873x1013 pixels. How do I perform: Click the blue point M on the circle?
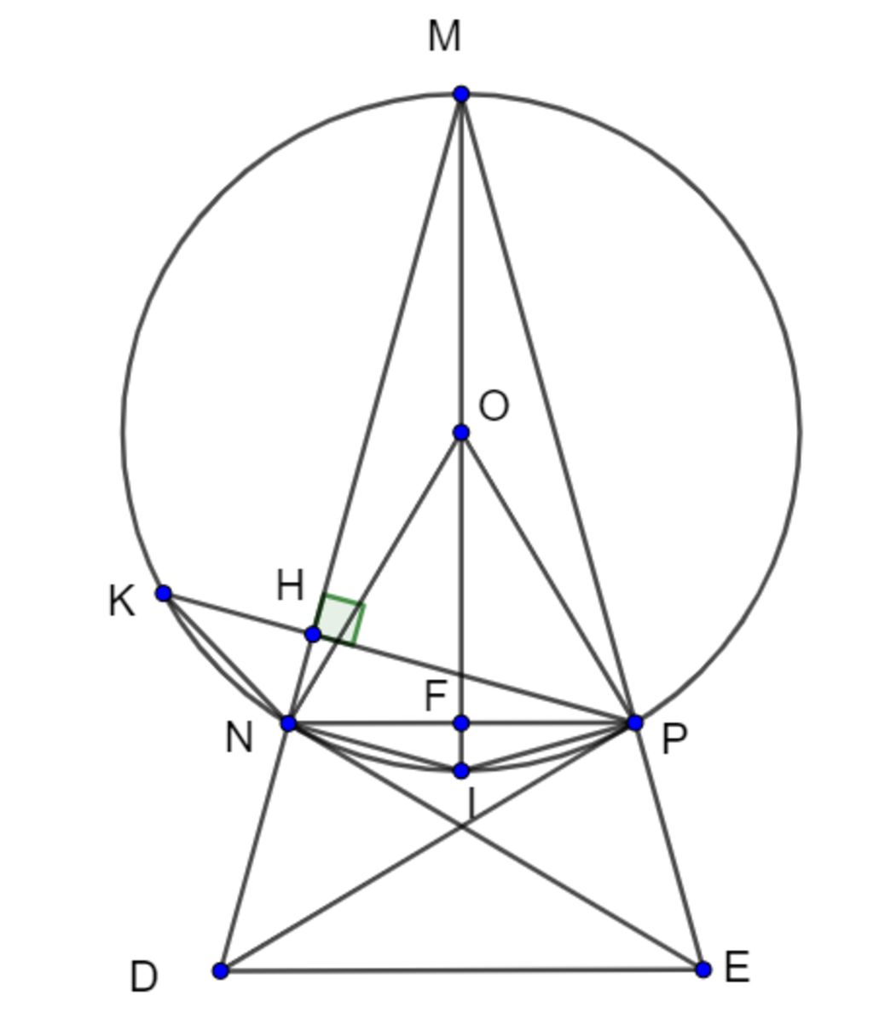461,95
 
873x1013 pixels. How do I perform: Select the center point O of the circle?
461,432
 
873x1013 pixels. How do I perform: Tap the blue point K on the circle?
164,593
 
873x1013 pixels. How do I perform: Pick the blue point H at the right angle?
313,635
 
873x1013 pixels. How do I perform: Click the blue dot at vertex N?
289,723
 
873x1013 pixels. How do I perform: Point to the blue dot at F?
461,723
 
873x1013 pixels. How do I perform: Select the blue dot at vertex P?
635,723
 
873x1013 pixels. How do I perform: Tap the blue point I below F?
461,771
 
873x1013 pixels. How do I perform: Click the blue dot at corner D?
221,970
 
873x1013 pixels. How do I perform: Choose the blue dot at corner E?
703,969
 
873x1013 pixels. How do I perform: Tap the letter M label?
444,36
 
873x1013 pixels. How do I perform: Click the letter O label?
494,406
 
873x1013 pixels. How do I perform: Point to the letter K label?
122,601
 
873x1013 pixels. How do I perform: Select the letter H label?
290,586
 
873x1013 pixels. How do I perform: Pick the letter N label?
239,738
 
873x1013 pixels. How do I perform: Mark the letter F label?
435,696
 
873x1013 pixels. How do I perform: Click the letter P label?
674,739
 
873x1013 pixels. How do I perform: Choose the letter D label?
143,977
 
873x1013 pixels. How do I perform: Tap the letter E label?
737,967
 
